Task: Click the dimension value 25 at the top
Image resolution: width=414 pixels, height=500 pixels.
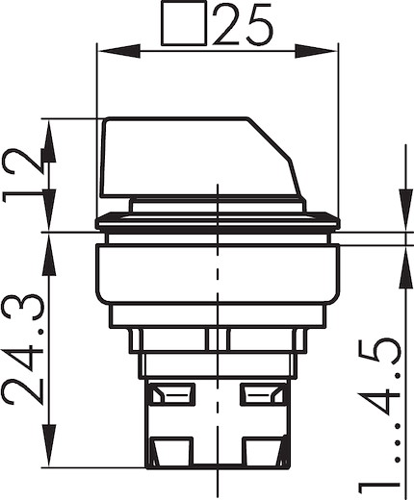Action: tap(244, 24)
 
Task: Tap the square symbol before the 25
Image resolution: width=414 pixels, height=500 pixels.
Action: tap(184, 23)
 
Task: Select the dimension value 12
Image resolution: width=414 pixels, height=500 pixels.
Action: tap(23, 175)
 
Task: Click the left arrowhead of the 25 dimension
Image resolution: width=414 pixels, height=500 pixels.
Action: tap(118, 51)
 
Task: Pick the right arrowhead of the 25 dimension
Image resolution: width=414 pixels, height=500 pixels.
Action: tap(317, 51)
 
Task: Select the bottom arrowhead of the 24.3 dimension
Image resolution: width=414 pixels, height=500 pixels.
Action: tap(49, 445)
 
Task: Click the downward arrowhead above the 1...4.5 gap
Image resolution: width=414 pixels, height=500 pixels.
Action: tap(405, 211)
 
